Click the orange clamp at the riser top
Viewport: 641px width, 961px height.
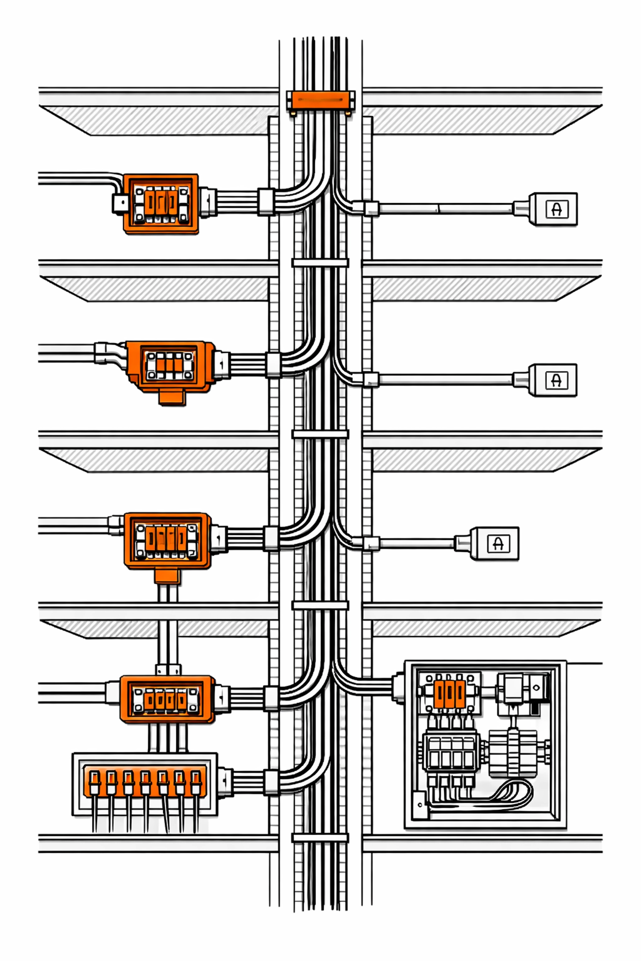pyautogui.click(x=320, y=101)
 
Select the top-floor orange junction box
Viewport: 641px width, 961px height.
pyautogui.click(x=161, y=203)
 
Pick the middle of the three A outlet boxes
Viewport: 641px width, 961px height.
pyautogui.click(x=553, y=380)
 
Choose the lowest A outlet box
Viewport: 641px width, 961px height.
pyautogui.click(x=495, y=543)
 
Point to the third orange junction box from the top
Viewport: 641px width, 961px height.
pyautogui.click(x=167, y=541)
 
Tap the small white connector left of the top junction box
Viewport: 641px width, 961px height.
pyautogui.click(x=120, y=203)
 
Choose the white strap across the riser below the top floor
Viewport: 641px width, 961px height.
pyautogui.click(x=320, y=263)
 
